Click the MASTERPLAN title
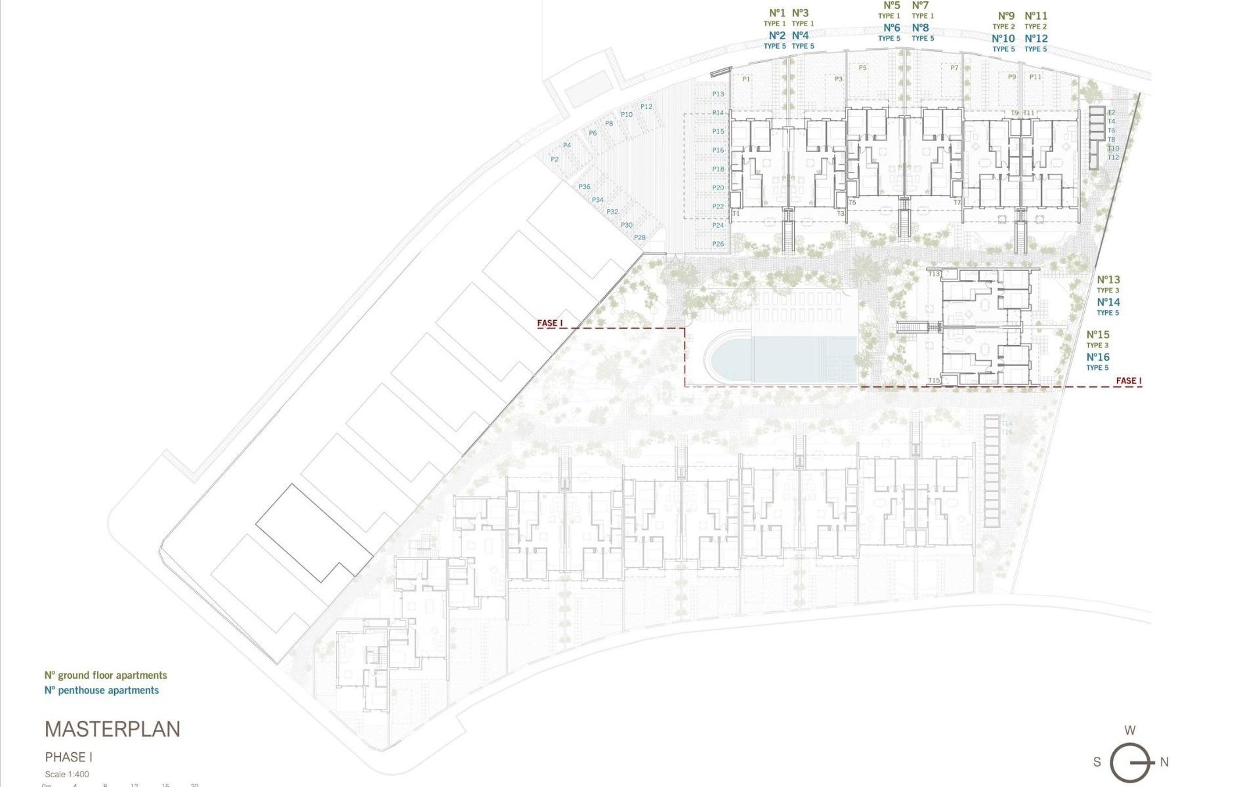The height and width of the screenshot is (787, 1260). (112, 729)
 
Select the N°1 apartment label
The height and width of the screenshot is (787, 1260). (777, 13)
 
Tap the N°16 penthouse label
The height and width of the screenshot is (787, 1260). (1098, 357)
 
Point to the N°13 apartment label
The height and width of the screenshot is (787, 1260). (1108, 280)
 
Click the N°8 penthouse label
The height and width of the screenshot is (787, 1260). (921, 28)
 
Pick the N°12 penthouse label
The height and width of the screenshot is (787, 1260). (1036, 39)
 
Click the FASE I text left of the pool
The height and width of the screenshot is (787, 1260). (550, 323)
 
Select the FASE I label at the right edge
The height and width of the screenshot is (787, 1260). (1129, 381)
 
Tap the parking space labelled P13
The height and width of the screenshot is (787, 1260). (718, 94)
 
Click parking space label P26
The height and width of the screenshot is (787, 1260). (718, 244)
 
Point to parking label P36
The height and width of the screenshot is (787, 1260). (584, 187)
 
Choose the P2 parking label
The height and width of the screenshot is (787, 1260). (555, 159)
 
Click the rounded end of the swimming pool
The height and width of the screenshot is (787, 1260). (722, 359)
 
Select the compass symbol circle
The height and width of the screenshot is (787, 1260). (1129, 762)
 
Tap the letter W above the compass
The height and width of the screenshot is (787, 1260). (1130, 731)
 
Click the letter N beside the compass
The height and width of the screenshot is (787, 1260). (1164, 762)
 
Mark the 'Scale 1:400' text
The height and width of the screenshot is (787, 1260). (67, 775)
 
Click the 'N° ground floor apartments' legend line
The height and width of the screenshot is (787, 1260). (106, 675)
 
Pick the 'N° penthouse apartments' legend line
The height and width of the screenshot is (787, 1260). (102, 690)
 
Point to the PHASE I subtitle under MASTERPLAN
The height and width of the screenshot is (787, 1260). (69, 757)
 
